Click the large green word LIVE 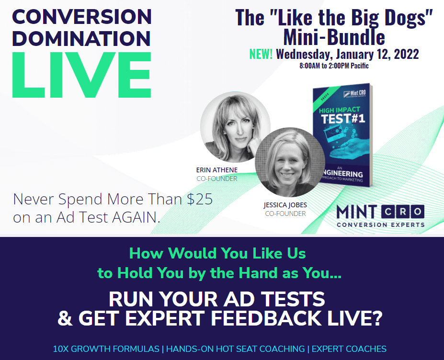coord(82,75)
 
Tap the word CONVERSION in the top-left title coord(82,17)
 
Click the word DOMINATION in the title coord(81,38)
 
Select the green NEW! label coord(261,54)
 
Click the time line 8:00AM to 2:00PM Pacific coord(334,66)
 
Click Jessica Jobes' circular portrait coord(290,162)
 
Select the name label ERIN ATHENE coord(217,170)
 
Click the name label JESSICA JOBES coord(285,205)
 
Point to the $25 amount coord(200,199)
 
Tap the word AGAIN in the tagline coord(136,217)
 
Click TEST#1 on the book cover coord(343,119)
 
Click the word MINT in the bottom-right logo coord(357,212)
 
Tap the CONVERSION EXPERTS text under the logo coord(381,225)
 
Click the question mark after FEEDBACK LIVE coord(376,318)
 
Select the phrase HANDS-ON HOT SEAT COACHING coord(235,349)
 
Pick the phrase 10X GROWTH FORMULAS coord(106,349)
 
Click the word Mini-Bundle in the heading coord(334,37)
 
